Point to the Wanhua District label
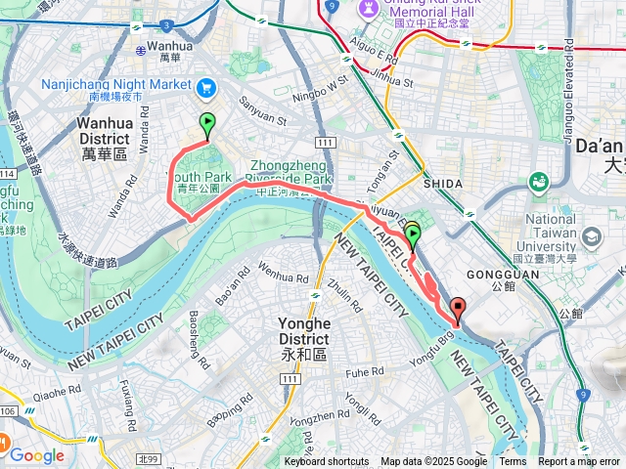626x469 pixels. click(105, 132)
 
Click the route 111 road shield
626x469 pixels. click(326, 144)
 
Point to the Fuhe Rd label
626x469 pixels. click(365, 373)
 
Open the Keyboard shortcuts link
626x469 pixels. click(327, 462)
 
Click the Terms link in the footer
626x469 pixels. click(513, 462)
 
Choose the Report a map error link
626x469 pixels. click(579, 462)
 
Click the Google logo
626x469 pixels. click(37, 454)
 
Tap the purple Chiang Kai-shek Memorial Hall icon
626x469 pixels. click(369, 7)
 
